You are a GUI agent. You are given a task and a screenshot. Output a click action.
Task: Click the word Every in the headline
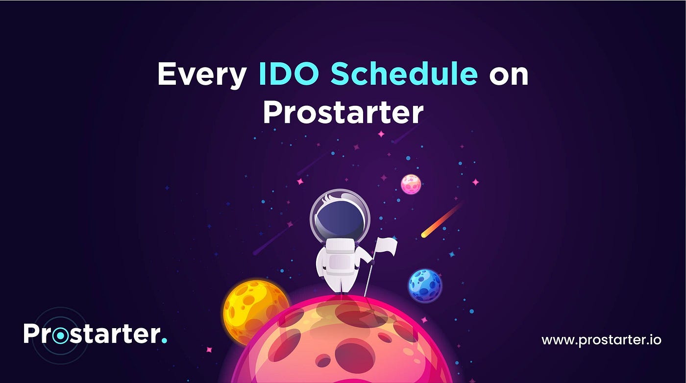[202, 74]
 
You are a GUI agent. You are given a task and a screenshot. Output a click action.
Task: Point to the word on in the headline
[509, 76]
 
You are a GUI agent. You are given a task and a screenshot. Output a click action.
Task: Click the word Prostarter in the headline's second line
[343, 112]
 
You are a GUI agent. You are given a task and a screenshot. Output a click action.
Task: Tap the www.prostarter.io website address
[601, 340]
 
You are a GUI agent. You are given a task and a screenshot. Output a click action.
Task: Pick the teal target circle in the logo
[60, 336]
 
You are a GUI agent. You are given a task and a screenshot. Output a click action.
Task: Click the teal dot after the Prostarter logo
[164, 340]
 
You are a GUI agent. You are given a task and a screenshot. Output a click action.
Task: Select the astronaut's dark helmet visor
[340, 216]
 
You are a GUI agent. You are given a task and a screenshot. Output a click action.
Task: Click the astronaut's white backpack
[340, 257]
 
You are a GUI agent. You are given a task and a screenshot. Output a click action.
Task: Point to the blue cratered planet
[425, 286]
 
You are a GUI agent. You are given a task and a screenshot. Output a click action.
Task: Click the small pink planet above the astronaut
[411, 184]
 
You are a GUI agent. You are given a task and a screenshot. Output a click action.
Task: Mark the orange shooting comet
[441, 220]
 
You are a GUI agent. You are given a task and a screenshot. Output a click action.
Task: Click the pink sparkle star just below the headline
[381, 134]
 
